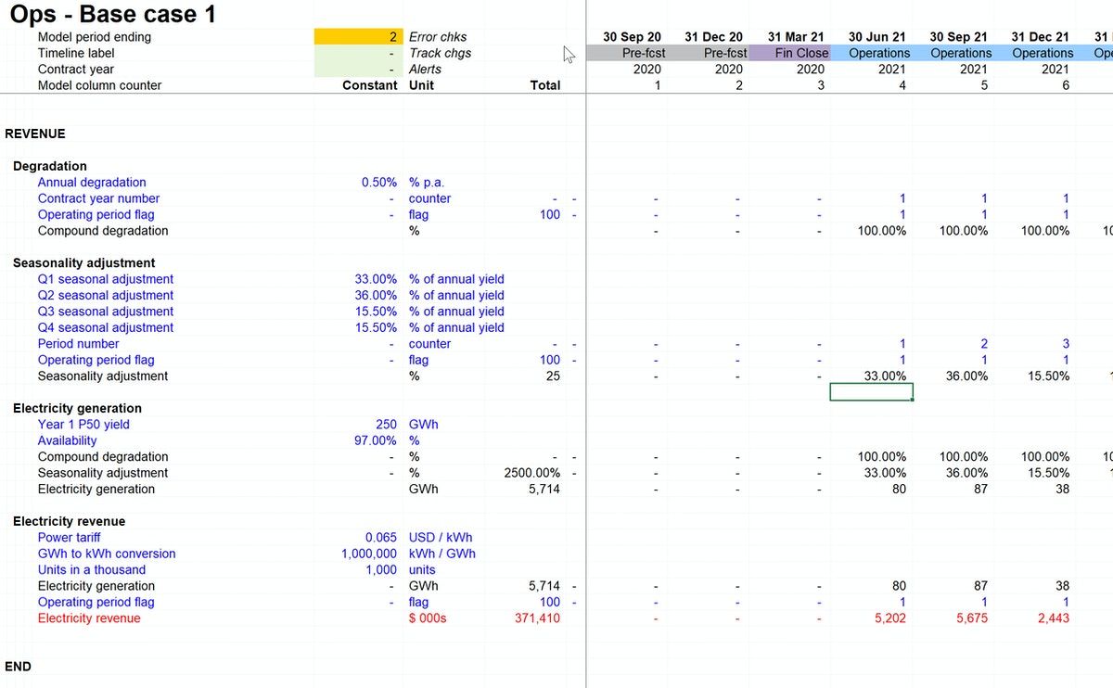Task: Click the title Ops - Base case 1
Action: pos(112,14)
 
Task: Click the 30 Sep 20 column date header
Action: pos(632,37)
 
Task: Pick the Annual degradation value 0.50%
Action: pos(378,183)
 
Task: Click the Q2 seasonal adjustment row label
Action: pos(105,296)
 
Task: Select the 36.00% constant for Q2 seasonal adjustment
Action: pos(376,296)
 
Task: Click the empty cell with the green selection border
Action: pos(871,392)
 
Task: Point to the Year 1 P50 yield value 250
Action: pos(386,425)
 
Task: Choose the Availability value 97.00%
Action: pos(376,440)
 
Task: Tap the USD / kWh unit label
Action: pos(440,538)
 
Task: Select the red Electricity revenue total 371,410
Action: pos(537,618)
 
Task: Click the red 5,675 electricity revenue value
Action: pos(969,618)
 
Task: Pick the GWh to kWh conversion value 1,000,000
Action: pos(369,554)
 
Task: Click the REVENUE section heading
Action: pos(35,134)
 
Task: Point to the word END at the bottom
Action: pos(18,667)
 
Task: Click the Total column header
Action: pos(544,85)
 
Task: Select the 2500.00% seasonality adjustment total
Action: pos(531,473)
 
